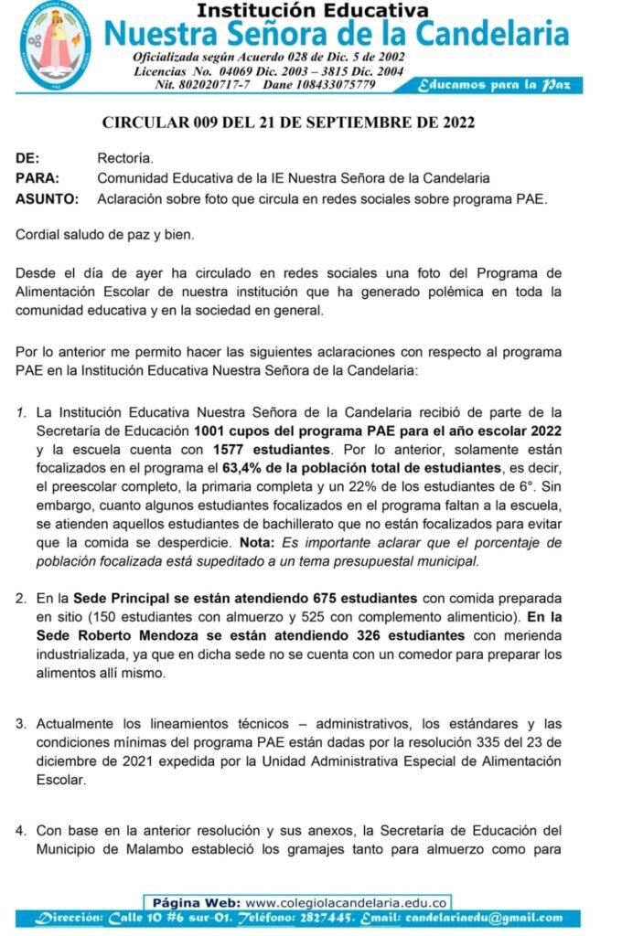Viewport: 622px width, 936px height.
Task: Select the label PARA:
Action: [x=38, y=177]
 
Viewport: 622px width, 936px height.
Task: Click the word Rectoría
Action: [x=125, y=157]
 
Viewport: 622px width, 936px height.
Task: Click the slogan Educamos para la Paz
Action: [x=494, y=85]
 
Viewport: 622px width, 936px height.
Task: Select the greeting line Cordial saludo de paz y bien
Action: [x=105, y=235]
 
